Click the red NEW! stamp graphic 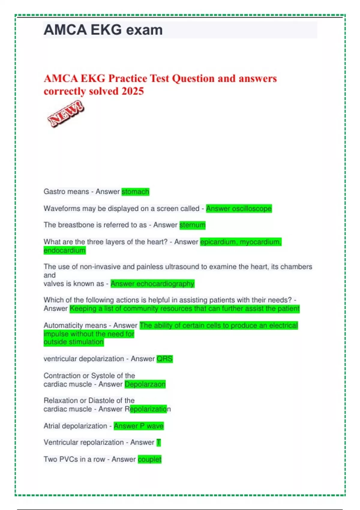[x=66, y=114]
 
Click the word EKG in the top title [x=106, y=30]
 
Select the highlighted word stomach [x=135, y=192]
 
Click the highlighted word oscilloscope [x=252, y=208]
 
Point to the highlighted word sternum [x=192, y=225]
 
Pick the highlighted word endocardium [x=64, y=250]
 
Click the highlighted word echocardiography [x=165, y=284]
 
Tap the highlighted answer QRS [x=165, y=359]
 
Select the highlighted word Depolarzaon [x=145, y=384]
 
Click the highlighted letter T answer [x=159, y=442]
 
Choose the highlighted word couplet [x=149, y=459]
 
